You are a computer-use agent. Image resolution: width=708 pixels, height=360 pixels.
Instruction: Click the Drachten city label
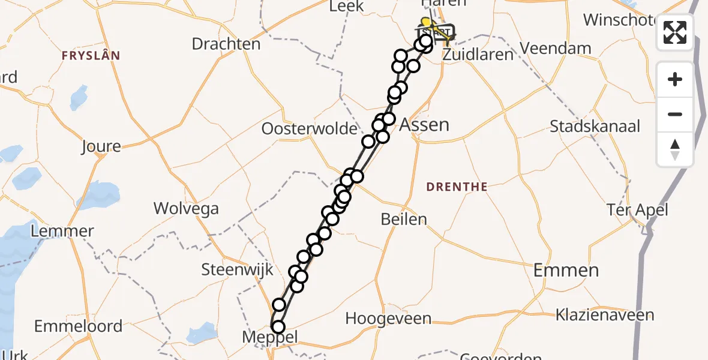226,44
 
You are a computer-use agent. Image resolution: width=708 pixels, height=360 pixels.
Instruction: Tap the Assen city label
424,125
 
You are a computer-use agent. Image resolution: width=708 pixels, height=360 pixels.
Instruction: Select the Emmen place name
566,270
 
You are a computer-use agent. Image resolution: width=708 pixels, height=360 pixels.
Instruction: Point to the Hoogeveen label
393,317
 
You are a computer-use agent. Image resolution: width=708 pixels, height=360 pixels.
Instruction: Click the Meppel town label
269,337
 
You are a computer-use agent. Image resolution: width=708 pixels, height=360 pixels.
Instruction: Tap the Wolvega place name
186,209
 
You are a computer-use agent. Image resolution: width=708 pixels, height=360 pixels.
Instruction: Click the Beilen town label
404,219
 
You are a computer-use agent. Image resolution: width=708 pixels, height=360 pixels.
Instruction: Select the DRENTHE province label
457,187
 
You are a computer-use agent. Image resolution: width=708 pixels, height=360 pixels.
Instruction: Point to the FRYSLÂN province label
91,56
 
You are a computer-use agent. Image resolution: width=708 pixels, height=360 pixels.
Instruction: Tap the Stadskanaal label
595,126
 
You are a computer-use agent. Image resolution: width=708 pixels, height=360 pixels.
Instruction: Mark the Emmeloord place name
78,326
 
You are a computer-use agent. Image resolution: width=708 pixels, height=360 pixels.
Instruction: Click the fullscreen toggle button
675,32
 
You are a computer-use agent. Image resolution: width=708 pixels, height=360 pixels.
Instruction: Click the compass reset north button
675,149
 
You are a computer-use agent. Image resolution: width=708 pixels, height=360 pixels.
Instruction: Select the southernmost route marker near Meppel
278,327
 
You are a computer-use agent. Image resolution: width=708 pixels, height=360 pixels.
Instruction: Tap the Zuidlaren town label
478,55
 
